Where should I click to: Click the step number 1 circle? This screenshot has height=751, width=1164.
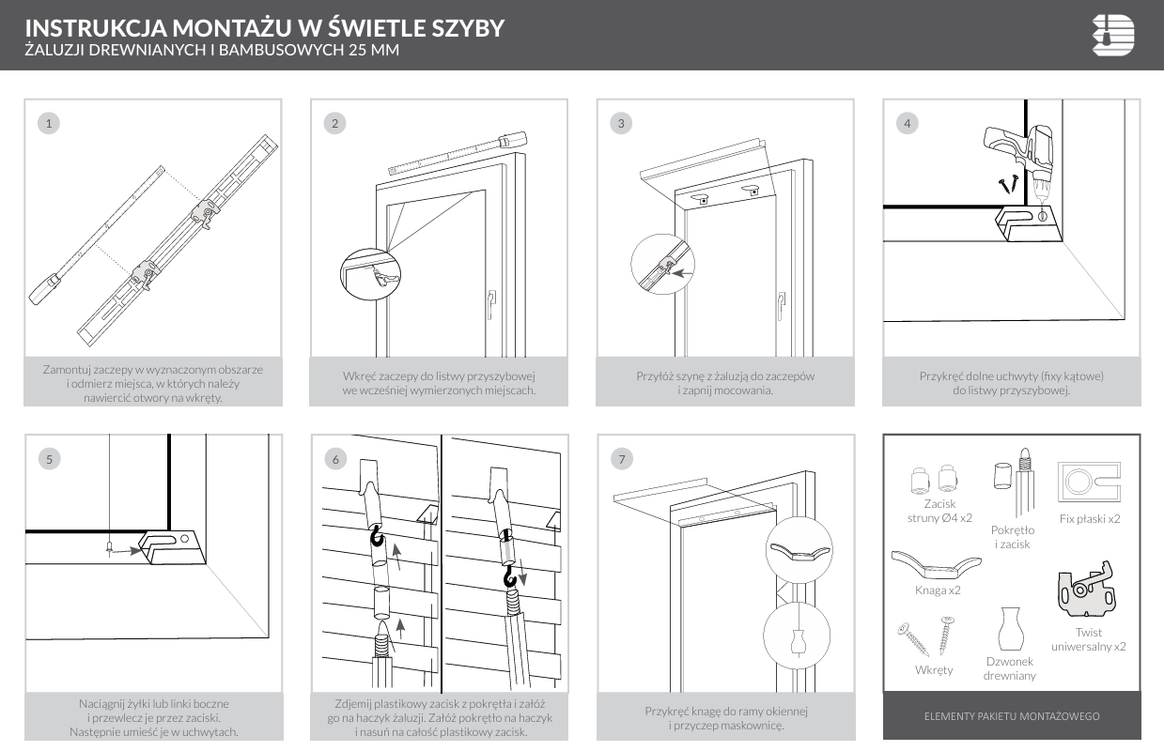pos(49,122)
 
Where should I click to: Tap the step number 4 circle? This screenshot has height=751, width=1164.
pos(907,122)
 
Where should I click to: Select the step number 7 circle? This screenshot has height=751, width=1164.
pos(621,458)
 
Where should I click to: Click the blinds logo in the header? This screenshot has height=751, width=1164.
pos(1113,36)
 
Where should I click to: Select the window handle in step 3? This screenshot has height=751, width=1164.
pos(780,304)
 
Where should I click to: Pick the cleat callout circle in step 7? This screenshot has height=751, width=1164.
pos(799,550)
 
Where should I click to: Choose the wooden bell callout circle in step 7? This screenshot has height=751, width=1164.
pos(799,635)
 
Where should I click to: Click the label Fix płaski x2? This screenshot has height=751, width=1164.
pos(1089,518)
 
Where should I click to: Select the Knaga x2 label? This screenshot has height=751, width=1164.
pos(938,590)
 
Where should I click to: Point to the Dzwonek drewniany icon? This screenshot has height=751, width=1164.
pos(1009,628)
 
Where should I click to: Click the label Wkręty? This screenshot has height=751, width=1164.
pos(934,669)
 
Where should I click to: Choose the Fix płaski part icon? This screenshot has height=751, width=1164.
pos(1089,482)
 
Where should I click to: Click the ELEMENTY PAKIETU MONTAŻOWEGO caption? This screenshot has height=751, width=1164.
pos(1012,716)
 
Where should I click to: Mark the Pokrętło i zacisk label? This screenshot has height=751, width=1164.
pos(1013,537)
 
